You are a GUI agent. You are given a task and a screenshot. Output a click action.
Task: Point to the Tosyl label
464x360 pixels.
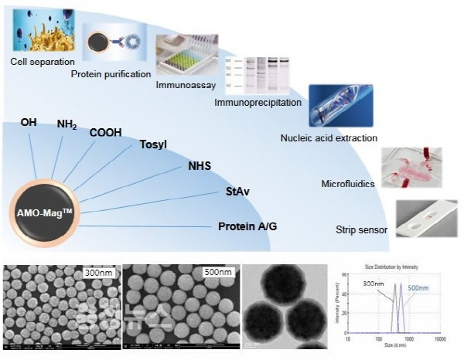152,144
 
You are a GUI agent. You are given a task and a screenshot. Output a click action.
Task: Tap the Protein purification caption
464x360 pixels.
110,74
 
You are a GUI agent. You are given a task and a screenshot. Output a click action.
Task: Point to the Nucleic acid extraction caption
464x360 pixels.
329,138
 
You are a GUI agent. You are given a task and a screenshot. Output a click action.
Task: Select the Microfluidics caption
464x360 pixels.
348,184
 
